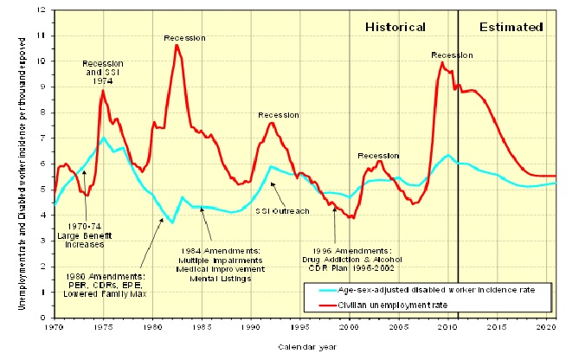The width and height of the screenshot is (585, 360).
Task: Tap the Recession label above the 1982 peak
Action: [184, 37]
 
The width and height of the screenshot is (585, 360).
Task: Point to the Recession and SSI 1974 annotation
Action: [102, 72]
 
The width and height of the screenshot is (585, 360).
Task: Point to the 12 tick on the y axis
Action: [42, 10]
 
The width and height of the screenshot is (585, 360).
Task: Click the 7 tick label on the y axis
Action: [44, 138]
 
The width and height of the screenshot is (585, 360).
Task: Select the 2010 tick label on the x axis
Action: [448, 326]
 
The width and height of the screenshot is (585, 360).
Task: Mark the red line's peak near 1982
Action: [177, 44]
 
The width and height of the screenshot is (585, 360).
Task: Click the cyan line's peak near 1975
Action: [104, 138]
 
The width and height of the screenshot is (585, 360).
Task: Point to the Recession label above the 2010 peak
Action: [452, 55]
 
